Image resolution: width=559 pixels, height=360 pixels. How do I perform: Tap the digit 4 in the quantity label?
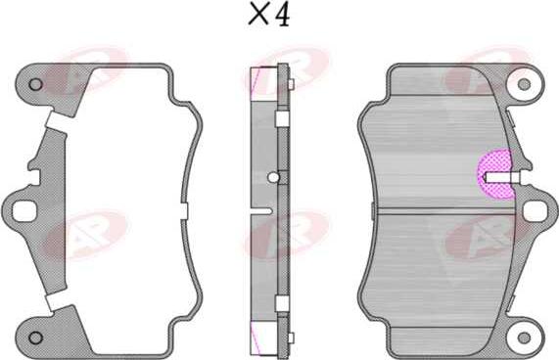pos(283,17)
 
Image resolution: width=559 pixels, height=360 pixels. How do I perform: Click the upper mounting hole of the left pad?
pos(36,84)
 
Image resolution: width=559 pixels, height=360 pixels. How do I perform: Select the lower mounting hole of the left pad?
pos(36,337)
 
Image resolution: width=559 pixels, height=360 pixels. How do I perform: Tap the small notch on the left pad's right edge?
pos(184,210)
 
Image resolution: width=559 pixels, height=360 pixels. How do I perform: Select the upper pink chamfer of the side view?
pos(260,82)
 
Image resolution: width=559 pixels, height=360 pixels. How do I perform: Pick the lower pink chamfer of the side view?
pos(260,336)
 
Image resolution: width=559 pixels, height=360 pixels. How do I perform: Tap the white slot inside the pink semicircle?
pos(503,177)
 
